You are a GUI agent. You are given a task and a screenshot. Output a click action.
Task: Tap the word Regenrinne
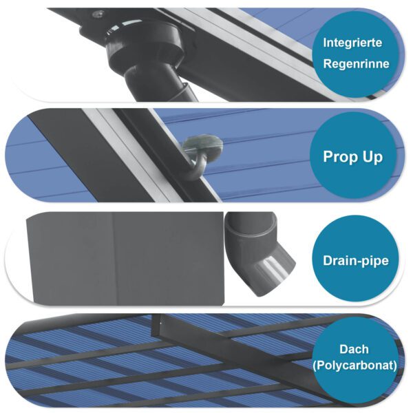[x=354, y=64]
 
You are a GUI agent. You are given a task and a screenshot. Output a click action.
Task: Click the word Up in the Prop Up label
[x=372, y=156]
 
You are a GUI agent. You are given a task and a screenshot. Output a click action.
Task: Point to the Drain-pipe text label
[x=356, y=261]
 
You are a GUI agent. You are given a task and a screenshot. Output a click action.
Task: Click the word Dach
[x=354, y=349]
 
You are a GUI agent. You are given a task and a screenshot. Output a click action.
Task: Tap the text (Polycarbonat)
[x=354, y=366]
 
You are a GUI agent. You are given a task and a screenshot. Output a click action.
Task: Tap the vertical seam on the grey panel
[x=114, y=258]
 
